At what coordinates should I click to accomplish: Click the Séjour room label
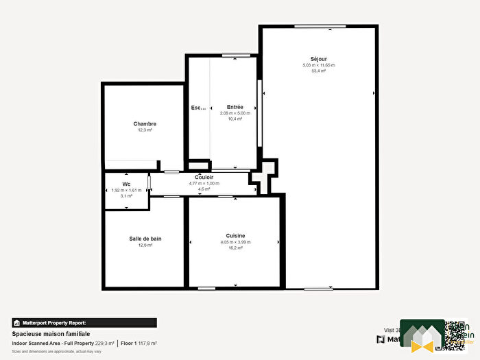pos(318,59)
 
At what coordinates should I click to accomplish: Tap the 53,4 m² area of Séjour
pos(318,71)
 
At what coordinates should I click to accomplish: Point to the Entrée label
pos(235,107)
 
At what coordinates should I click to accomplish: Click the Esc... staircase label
pos(198,108)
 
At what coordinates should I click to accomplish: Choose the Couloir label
pos(204,178)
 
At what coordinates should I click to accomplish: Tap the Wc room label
pos(126,184)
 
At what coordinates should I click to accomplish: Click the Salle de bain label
pos(145,239)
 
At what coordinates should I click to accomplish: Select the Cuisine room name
pos(235,236)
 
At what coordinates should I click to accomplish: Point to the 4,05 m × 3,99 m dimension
pos(235,242)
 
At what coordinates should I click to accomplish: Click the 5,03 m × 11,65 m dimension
pos(318,65)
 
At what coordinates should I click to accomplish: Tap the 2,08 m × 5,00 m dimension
pos(235,113)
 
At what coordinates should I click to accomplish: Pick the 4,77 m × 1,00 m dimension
pos(204,183)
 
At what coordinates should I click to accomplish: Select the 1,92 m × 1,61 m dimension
pos(126,190)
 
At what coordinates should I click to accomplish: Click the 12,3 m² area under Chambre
pos(145,130)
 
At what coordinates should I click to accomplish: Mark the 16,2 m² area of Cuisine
pos(235,248)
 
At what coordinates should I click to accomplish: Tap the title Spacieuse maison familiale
pos(51,333)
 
